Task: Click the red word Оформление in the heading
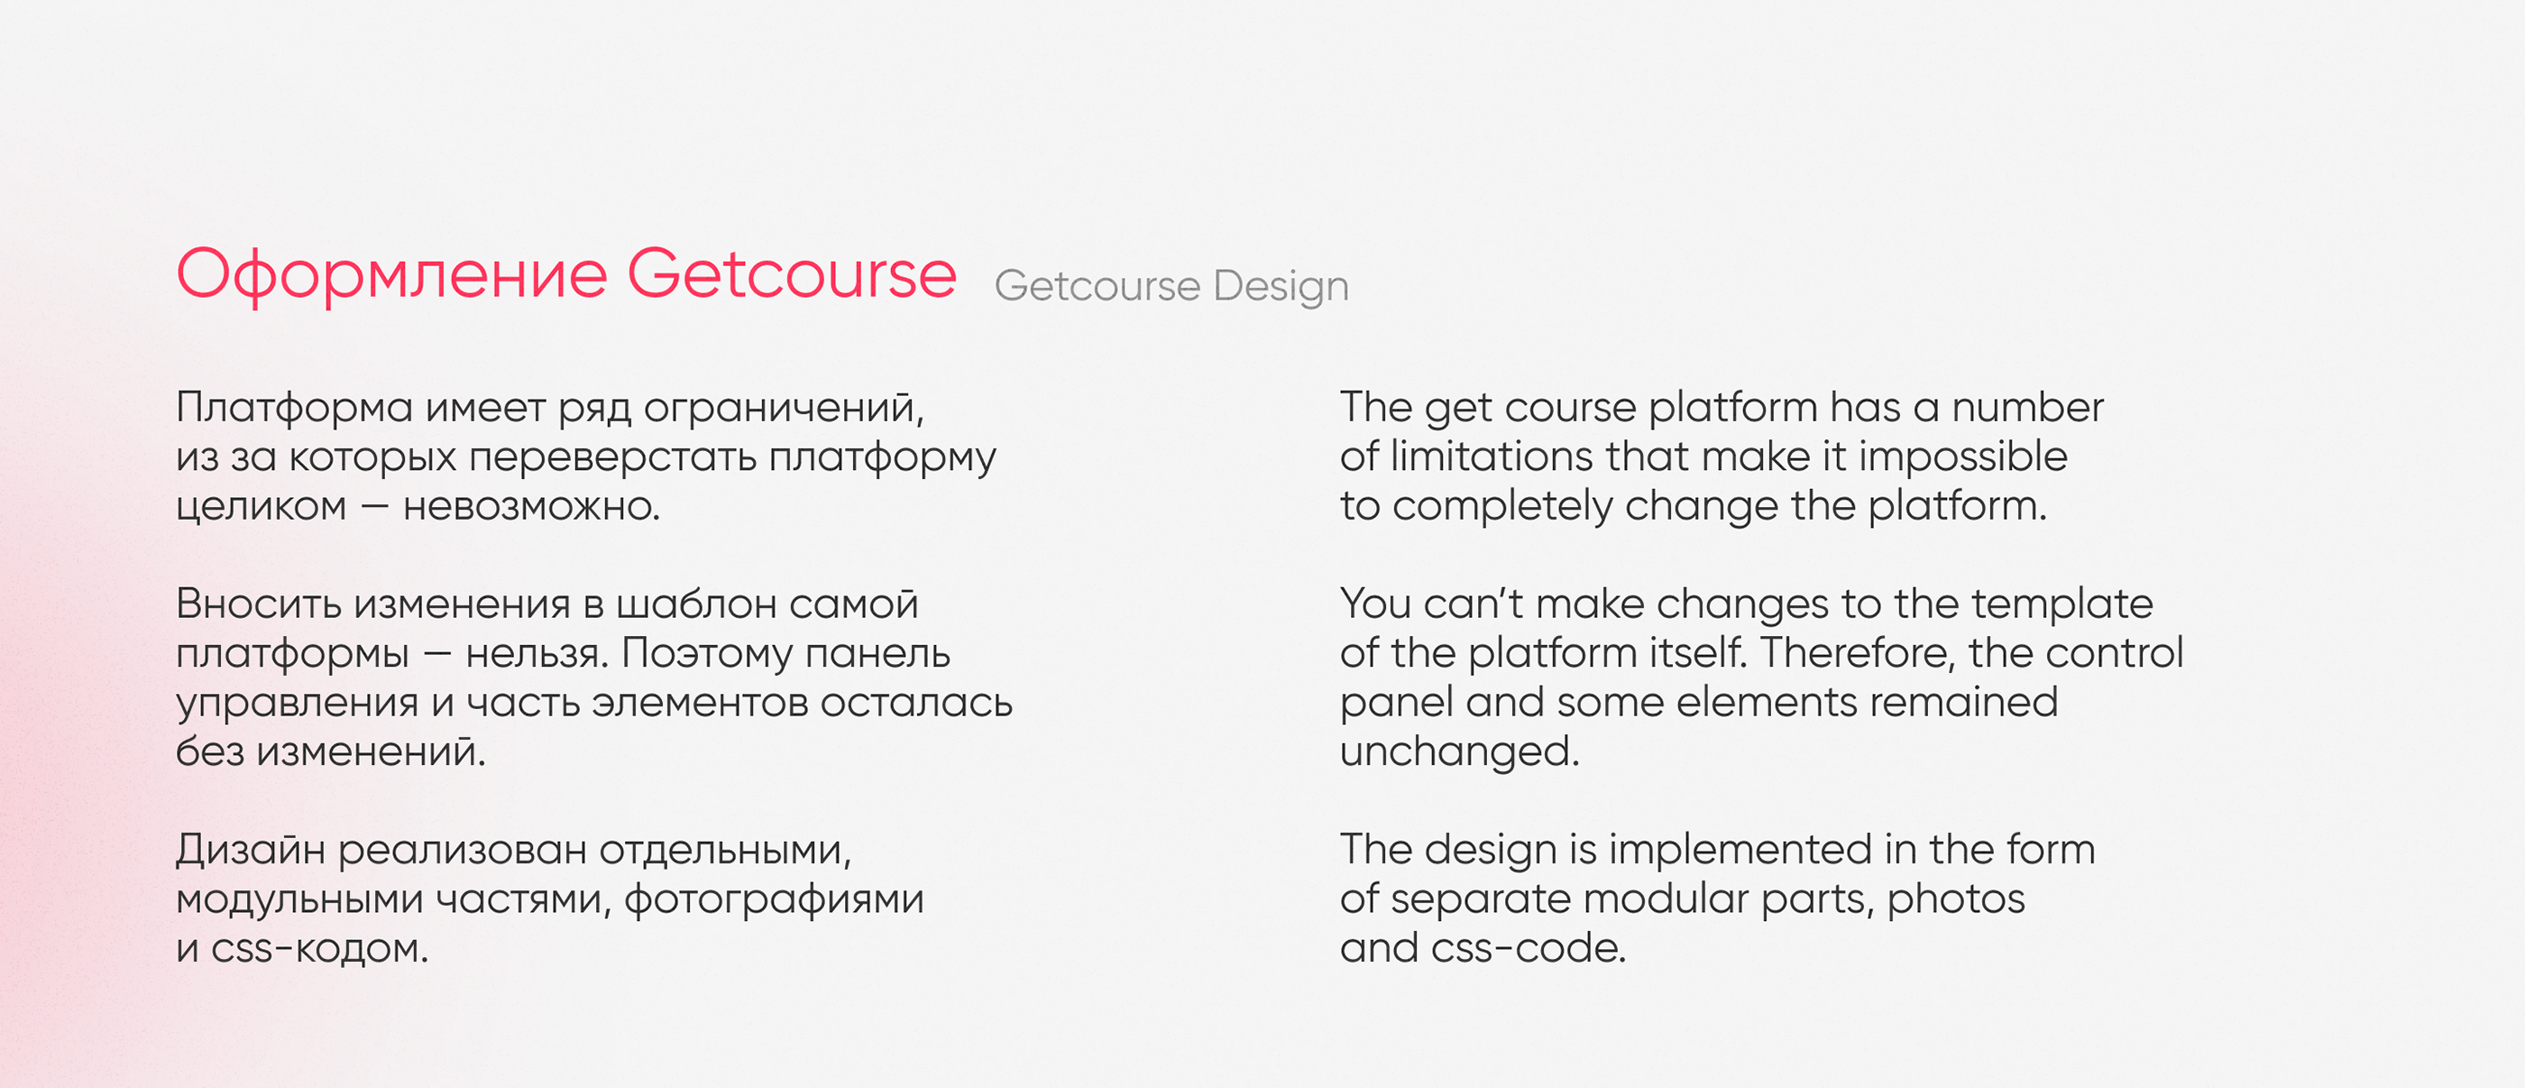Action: coord(392,275)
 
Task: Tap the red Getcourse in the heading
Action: coord(792,272)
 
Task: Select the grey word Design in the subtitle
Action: coord(1281,287)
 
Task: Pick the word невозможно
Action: coord(531,507)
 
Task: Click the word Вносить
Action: coord(259,604)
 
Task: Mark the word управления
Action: coord(297,704)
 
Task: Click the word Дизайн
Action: coord(251,849)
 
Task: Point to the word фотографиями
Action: coord(775,899)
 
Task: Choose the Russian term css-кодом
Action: coord(319,949)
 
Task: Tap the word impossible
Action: coord(1963,456)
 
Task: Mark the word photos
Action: coord(1955,899)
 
